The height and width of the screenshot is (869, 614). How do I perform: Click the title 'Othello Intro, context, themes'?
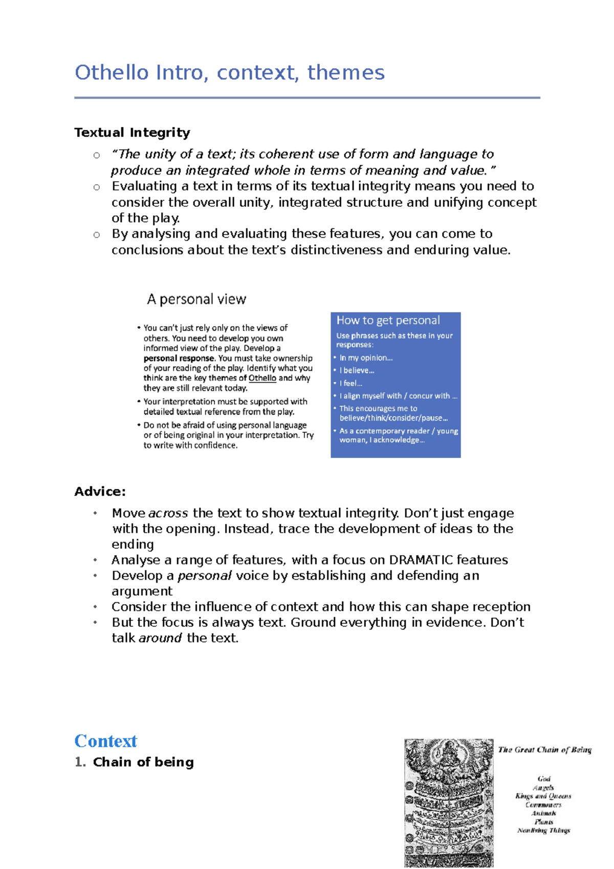229,73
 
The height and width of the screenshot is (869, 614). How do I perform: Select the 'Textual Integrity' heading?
132,133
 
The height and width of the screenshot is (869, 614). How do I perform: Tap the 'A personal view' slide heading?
196,299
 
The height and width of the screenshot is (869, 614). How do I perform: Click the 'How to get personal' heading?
388,320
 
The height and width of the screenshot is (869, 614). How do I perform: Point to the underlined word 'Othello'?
262,378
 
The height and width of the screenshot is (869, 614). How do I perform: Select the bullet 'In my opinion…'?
366,358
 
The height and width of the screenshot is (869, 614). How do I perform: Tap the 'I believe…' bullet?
357,371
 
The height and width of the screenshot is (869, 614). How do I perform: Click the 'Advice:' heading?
100,492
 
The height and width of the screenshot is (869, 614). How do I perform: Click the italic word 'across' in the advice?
168,513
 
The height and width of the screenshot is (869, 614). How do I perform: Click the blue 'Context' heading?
106,741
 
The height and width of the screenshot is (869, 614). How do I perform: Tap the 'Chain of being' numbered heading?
143,762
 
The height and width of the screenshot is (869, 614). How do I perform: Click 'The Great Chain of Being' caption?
544,750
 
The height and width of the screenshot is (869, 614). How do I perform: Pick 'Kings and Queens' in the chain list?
543,796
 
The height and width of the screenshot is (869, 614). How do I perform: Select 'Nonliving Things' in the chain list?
543,831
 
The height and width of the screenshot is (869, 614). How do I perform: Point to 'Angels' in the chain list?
543,788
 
